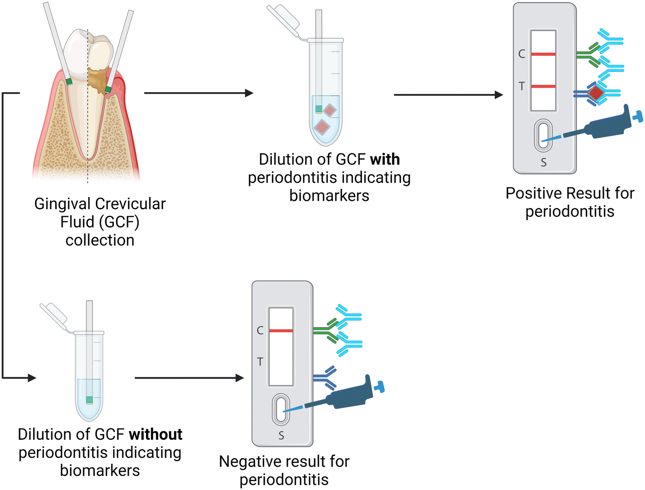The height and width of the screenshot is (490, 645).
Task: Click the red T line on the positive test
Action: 543,86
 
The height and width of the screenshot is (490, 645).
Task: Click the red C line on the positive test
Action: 543,54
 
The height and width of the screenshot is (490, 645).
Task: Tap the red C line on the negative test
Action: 281,331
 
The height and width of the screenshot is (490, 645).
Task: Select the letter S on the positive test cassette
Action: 543,163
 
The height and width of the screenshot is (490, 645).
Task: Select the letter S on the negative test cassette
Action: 281,436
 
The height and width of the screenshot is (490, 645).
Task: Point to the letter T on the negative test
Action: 260,362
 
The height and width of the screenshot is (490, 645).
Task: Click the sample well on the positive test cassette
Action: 543,136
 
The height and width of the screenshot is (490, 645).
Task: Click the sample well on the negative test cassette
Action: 281,409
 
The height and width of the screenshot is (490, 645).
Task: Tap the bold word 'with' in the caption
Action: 385,159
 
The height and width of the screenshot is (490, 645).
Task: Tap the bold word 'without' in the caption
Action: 156,434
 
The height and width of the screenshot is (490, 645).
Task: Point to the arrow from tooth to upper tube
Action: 198,93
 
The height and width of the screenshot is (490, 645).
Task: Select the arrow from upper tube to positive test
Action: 448,95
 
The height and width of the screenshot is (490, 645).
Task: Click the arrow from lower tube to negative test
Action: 189,378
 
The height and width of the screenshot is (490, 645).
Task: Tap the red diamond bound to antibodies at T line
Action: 596,93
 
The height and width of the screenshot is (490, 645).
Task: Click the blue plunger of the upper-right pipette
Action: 637,116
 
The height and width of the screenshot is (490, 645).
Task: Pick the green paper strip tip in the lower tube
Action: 89,400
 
